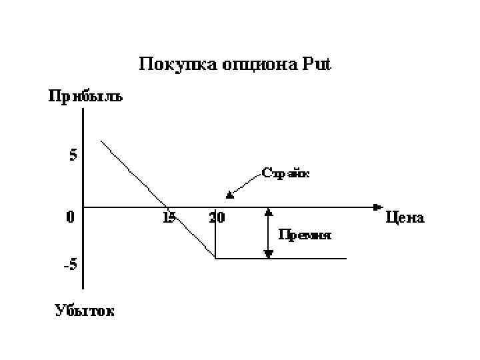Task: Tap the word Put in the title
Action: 314,65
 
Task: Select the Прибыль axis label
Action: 84,97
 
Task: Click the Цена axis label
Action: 405,217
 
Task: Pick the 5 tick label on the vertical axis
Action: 73,155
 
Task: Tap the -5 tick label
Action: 70,264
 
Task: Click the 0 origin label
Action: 70,217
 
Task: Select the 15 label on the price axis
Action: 169,217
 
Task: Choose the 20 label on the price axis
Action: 216,217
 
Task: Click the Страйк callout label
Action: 285,173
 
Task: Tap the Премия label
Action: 304,235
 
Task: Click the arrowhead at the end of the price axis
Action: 378,207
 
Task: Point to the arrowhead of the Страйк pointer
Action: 229,195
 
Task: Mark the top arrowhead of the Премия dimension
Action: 269,212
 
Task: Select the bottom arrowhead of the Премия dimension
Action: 269,253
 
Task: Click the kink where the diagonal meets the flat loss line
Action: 215,258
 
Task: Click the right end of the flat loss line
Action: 346,258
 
